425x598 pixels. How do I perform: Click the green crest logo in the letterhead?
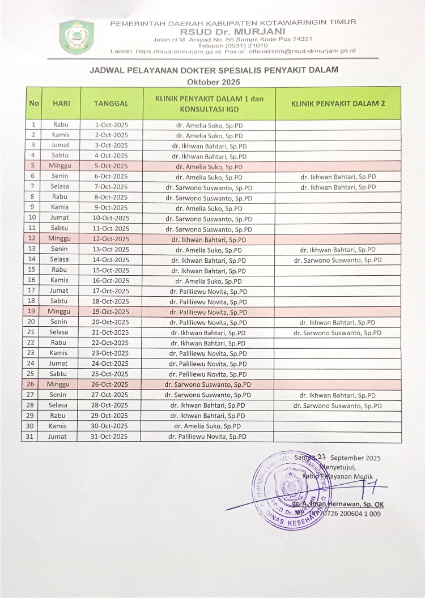76,36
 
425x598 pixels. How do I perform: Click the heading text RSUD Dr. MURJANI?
233,31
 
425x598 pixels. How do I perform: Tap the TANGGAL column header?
111,103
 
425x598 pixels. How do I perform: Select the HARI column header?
61,103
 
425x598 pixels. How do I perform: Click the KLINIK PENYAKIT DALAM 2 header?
338,103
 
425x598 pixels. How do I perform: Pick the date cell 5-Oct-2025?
111,166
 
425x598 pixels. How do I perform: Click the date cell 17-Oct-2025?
111,291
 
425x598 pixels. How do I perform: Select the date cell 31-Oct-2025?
111,437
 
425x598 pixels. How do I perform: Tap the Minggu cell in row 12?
60,239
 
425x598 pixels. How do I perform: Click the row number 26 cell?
32,385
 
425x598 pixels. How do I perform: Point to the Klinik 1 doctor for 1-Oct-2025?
210,125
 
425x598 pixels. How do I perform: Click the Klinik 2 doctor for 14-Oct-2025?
338,260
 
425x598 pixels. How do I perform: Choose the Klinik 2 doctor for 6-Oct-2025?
338,177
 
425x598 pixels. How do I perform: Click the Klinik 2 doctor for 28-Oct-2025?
338,405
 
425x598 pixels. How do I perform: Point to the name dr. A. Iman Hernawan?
338,503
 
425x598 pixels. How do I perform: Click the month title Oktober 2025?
214,82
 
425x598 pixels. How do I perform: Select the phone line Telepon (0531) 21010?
233,45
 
